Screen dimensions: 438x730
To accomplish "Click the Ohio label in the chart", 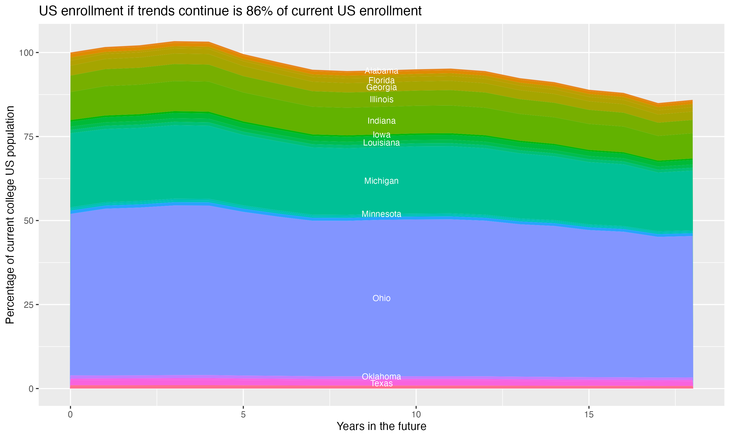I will [x=381, y=298].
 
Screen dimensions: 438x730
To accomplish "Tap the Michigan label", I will [x=381, y=181].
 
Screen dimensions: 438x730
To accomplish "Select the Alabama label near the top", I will [x=381, y=71].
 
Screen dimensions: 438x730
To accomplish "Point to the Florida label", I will [x=381, y=80].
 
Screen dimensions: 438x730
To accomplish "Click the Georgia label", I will [x=381, y=87].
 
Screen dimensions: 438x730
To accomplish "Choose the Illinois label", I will [x=381, y=100].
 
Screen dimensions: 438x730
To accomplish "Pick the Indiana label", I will [x=381, y=121].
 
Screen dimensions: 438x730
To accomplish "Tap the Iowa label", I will [x=381, y=135].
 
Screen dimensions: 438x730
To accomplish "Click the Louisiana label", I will [x=381, y=143].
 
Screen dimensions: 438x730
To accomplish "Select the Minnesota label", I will [x=381, y=214].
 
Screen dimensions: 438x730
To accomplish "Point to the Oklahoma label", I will [x=381, y=377].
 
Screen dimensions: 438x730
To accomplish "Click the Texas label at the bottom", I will [x=381, y=383].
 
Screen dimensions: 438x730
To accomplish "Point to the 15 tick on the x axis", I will [x=589, y=415].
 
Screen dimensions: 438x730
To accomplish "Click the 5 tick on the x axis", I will [x=243, y=415].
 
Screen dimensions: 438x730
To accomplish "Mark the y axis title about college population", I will [x=10, y=215].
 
